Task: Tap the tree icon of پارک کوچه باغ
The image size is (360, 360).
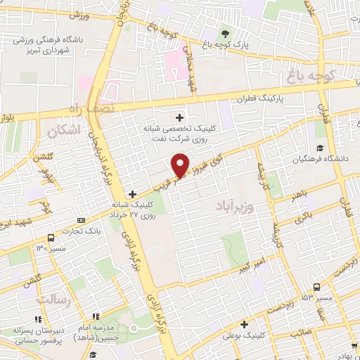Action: [224, 33]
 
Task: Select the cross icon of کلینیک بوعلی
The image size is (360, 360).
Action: [244, 324]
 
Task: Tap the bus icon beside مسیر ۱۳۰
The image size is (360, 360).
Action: [50, 237]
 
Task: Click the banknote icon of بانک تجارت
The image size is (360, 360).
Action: [79, 220]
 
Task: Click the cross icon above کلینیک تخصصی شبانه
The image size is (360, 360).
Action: [180, 117]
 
